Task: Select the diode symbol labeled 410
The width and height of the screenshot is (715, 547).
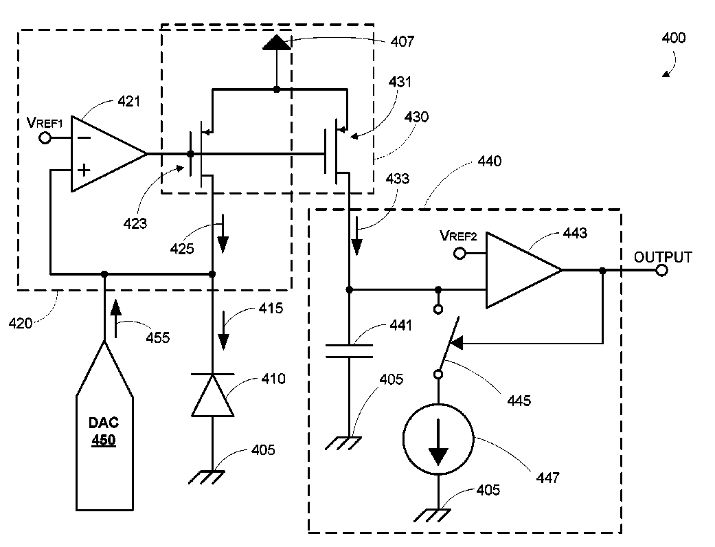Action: [x=212, y=395]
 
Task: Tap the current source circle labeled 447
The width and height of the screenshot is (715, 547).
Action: [x=438, y=439]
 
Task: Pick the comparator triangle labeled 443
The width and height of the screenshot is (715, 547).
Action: [x=523, y=270]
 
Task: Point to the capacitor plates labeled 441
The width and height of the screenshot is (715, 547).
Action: [x=350, y=351]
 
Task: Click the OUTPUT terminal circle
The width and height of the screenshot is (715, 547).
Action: [x=661, y=271]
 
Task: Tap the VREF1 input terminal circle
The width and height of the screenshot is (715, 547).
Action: [x=45, y=137]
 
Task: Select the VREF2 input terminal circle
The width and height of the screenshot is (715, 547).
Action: [x=459, y=253]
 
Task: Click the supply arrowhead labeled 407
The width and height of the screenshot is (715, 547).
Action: [x=276, y=43]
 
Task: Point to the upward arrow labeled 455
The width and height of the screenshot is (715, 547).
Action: [x=116, y=318]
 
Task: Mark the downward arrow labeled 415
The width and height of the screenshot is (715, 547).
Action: [x=223, y=331]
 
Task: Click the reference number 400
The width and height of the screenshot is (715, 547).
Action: [x=674, y=38]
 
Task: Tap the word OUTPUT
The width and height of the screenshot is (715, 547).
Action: [x=663, y=257]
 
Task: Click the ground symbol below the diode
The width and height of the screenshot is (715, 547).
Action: [x=207, y=477]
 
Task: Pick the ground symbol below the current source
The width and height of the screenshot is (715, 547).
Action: [x=432, y=515]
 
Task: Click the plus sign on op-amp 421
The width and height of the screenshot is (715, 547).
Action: [x=84, y=170]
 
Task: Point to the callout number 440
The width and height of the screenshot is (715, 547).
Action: [x=489, y=161]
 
